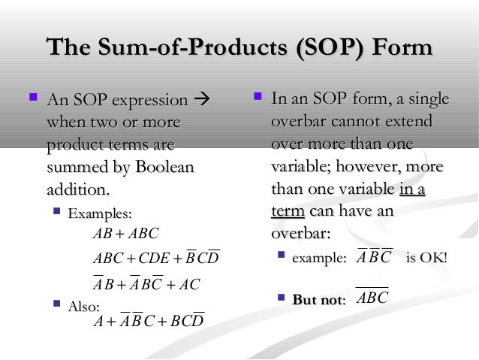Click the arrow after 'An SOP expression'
[x=201, y=101]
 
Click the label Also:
[x=84, y=306]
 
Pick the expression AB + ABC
[x=125, y=234]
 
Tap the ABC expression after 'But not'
[x=372, y=298]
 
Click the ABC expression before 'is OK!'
[x=375, y=258]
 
